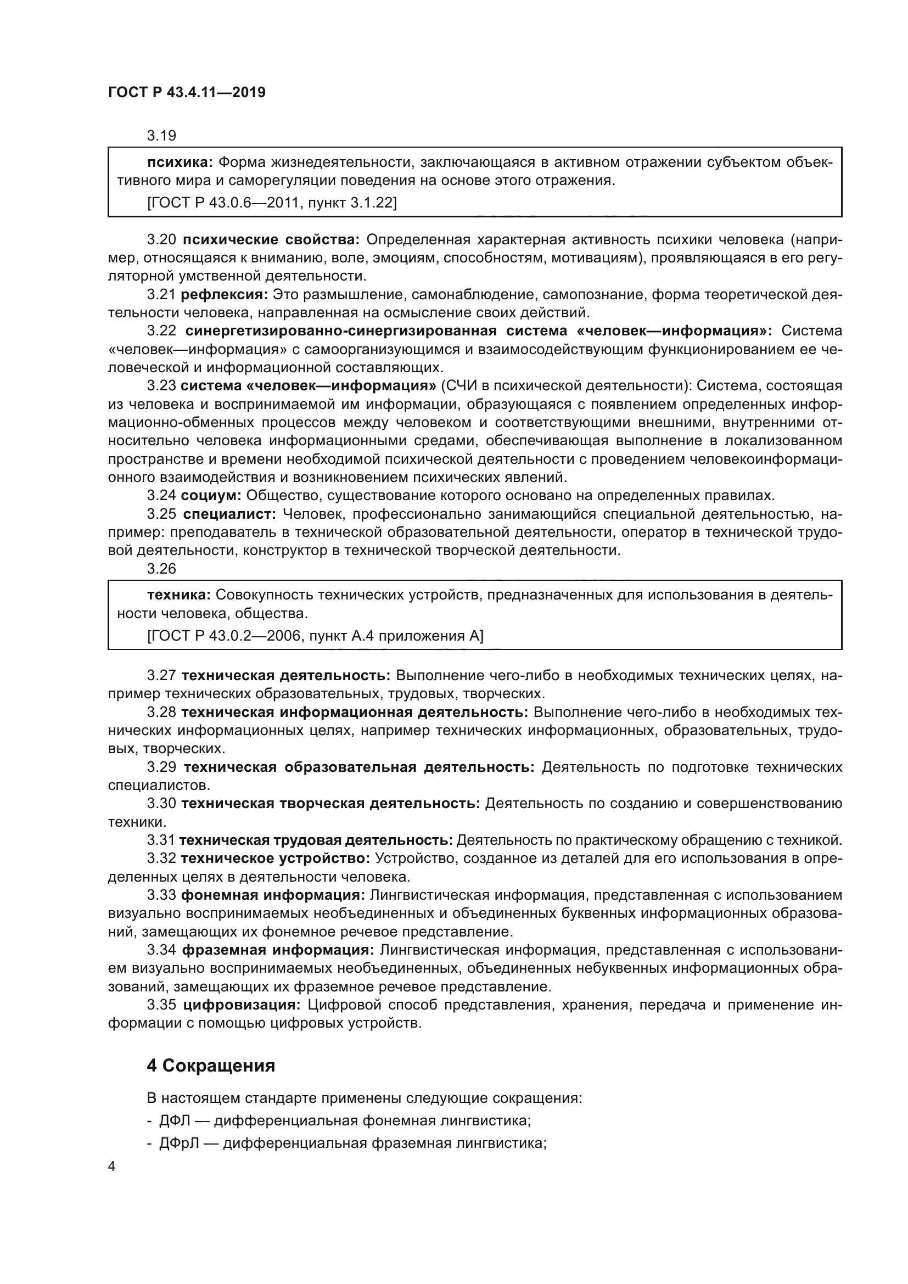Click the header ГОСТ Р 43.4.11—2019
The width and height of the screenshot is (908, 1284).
[x=187, y=92]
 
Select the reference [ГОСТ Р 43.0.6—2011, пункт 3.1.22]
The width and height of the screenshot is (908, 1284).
[x=272, y=203]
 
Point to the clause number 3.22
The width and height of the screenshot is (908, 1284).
[x=161, y=330]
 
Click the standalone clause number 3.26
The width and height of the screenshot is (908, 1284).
[x=161, y=568]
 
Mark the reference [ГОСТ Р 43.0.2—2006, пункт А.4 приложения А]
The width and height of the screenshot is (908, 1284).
[x=315, y=636]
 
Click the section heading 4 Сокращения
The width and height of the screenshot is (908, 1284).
[x=211, y=1066]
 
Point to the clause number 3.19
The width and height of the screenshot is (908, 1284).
[x=161, y=136]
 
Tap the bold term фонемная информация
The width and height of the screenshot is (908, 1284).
[x=273, y=895]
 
